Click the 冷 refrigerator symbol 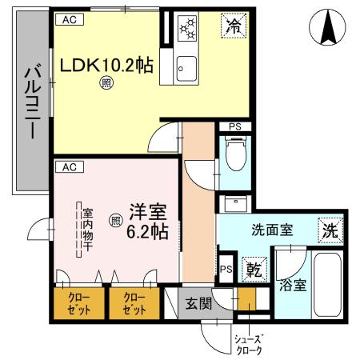[x=233, y=26]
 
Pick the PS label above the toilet [x=234, y=126]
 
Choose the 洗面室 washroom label [x=273, y=229]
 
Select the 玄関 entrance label [x=199, y=303]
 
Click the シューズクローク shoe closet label [x=249, y=343]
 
